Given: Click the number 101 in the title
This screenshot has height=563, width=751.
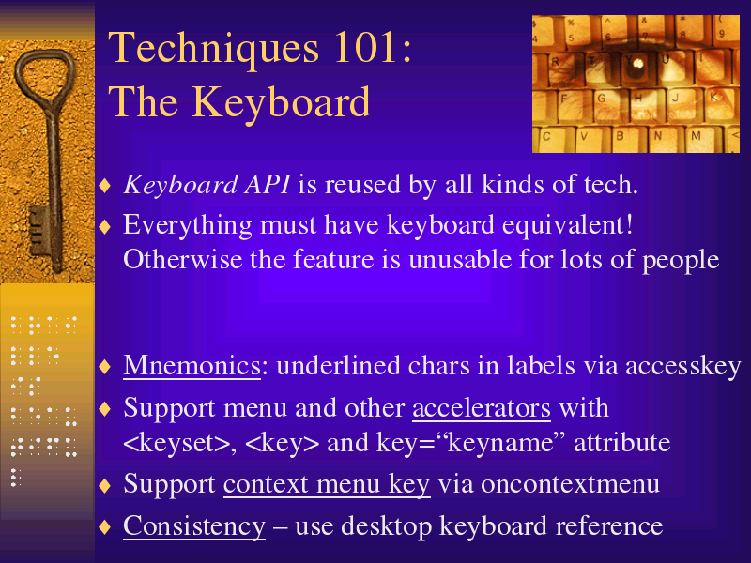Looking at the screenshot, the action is coord(364,48).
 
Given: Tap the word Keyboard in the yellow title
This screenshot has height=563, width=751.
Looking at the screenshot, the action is coord(282,102).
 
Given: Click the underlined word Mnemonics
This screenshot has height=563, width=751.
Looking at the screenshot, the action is coord(192,366).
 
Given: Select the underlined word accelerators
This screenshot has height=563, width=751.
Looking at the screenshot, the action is coord(482,408).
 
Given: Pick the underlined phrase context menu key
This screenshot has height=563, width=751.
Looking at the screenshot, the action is coord(327,484).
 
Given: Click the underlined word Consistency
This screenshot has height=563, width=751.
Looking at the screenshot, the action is coord(194,526).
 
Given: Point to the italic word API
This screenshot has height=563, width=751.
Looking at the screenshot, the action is coord(268,184).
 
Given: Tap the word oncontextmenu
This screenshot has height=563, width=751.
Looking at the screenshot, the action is coord(570,484).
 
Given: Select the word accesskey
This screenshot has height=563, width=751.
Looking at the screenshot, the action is coord(683,367).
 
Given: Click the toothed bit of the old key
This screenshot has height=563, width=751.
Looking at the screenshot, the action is coord(39,231).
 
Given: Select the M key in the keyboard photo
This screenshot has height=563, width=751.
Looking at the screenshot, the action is coord(696,136).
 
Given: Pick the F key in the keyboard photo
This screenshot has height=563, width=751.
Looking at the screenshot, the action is coord(564,99).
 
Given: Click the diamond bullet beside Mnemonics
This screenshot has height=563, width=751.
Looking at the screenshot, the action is coord(105,367).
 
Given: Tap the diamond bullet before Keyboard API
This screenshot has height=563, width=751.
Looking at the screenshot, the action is coord(105,186).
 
